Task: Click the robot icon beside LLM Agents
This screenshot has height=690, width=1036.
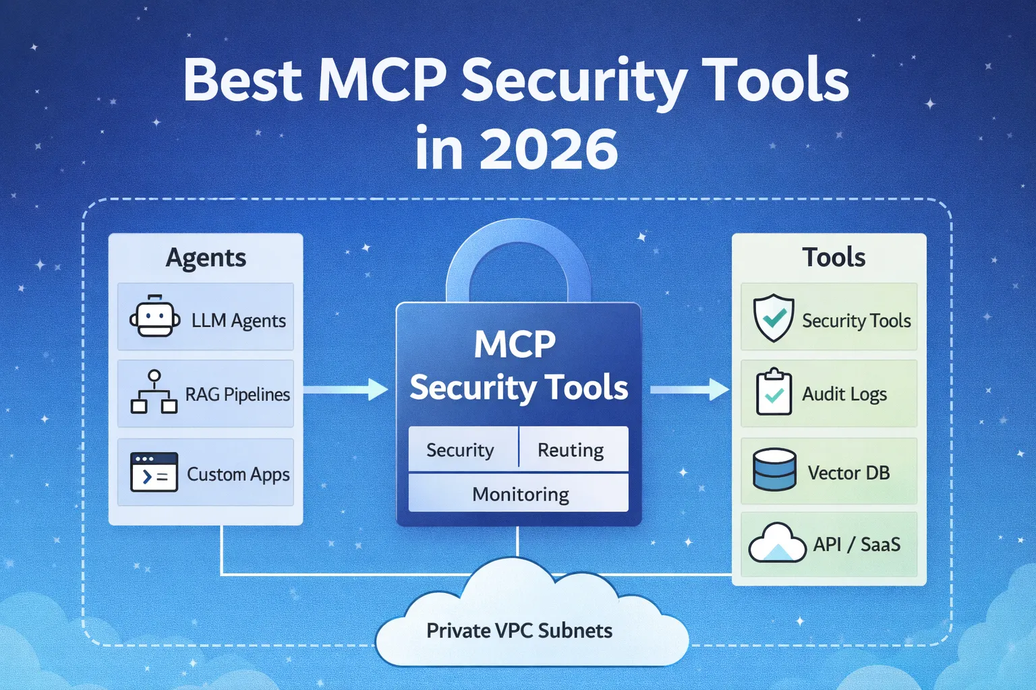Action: pos(154,317)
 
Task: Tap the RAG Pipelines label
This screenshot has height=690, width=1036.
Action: pos(237,394)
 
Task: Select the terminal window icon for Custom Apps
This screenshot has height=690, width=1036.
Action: pos(154,472)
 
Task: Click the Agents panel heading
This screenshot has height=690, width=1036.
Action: pos(206,257)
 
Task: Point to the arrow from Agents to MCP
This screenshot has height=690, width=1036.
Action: pos(345,389)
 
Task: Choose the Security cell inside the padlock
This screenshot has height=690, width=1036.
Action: pos(460,449)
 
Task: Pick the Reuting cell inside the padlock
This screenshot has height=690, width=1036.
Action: pos(571,449)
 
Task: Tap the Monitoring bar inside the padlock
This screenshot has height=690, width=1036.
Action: pos(520,494)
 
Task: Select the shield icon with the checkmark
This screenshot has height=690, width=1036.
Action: pos(774,317)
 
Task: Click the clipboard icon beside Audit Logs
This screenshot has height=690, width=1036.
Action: pos(774,392)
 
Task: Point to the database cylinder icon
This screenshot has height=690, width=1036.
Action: pos(774,470)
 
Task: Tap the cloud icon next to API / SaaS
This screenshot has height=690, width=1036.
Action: pos(777,543)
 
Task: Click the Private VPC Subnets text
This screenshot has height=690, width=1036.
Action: pos(519,631)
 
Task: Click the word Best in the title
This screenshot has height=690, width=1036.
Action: pos(243,81)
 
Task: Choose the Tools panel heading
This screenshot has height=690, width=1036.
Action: pos(834,257)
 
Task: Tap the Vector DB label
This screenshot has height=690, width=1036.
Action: pos(848,472)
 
